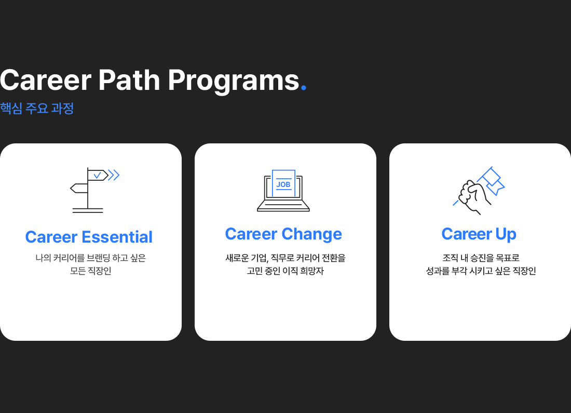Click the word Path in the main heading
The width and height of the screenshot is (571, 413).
point(129,80)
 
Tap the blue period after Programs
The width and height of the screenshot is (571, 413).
point(304,87)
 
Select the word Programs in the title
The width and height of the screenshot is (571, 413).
point(234,82)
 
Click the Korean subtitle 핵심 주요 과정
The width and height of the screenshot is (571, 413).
point(37,108)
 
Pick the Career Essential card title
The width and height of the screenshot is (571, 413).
point(89,237)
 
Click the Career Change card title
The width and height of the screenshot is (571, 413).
point(283,234)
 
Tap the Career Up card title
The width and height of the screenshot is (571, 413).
point(479,234)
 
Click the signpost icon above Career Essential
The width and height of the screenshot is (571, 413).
point(94,190)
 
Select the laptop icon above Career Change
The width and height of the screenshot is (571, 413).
point(283,191)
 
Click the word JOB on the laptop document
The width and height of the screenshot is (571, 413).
point(283,184)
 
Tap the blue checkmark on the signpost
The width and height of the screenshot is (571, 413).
point(97,176)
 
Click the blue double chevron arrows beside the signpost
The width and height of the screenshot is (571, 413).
point(114,175)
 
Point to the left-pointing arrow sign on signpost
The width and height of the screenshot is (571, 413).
point(79,188)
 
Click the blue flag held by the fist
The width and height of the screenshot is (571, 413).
point(492,180)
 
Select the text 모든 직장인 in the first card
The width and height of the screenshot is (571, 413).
point(91,271)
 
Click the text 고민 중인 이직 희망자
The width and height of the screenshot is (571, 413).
point(285,271)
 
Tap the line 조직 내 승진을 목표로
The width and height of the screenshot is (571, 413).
point(481,258)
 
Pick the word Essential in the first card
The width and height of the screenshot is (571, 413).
point(117,237)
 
